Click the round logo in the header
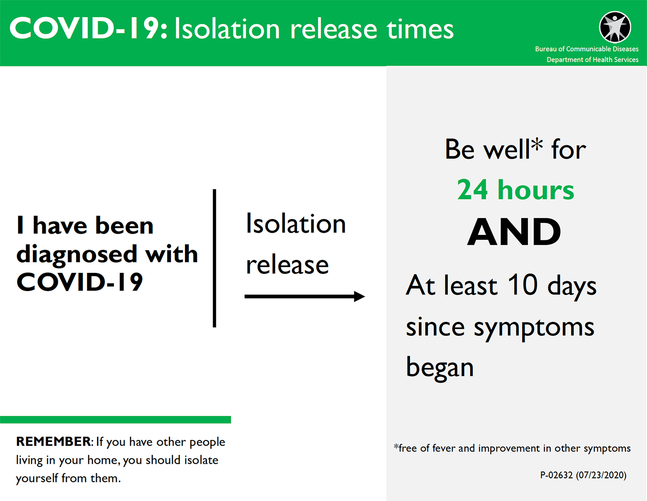click(615, 27)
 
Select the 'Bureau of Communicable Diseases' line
click(587, 49)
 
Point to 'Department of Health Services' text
click(592, 59)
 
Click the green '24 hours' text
click(515, 190)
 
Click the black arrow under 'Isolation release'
click(305, 296)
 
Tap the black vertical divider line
click(214, 258)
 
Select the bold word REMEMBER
click(53, 442)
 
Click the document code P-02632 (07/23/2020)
click(583, 475)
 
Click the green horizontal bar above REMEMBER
click(116, 420)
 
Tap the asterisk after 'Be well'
click(537, 144)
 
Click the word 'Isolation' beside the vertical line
click(295, 223)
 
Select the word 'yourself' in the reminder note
click(37, 479)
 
